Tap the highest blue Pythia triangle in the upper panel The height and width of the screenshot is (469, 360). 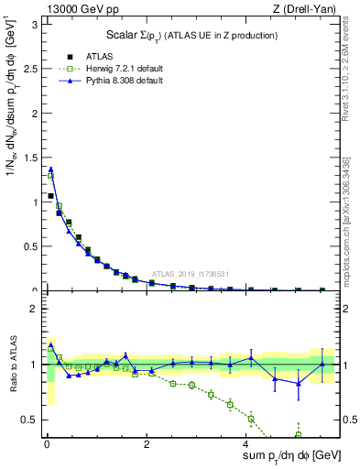[51, 169]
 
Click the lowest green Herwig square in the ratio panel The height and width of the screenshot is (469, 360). [298, 434]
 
